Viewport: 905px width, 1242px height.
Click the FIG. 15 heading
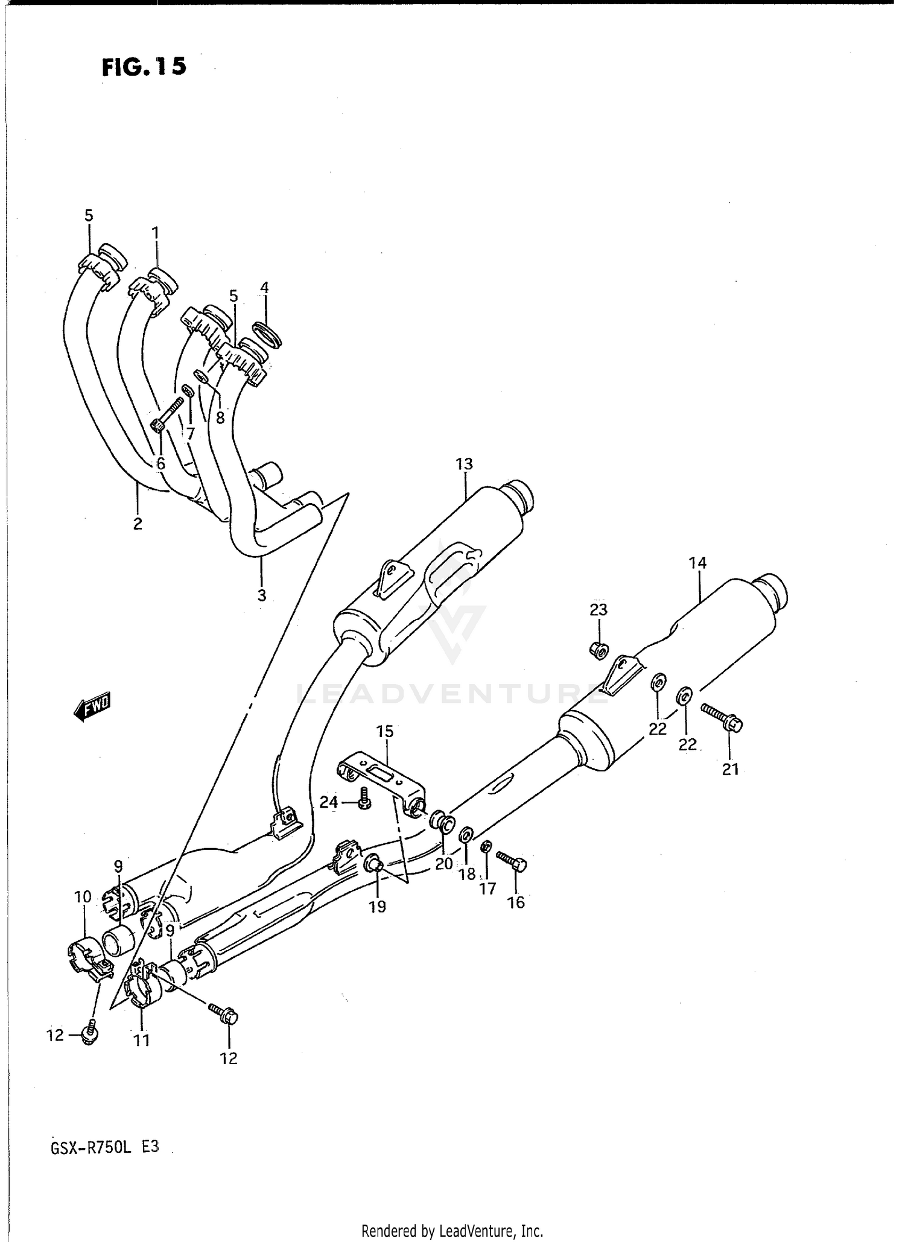(144, 67)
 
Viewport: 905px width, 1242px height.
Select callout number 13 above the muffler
(464, 464)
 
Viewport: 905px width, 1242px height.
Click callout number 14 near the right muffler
(697, 563)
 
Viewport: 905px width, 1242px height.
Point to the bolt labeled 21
(723, 718)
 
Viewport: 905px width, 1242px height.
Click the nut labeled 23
(599, 650)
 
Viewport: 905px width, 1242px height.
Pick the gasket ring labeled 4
(267, 335)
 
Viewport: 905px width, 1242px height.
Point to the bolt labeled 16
(512, 861)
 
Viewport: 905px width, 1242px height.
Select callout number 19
(377, 907)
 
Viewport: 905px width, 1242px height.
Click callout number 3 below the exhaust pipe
(261, 595)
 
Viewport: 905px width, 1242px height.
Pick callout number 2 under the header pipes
(138, 524)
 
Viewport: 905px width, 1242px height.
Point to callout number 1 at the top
(155, 232)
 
